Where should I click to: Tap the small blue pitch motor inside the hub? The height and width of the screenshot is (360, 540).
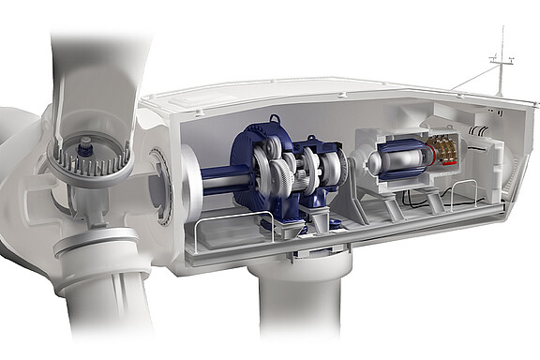[x=86, y=146]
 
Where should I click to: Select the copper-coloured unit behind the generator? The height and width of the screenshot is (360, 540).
[x=442, y=150]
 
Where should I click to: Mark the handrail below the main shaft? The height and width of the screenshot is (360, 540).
[x=230, y=225]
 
